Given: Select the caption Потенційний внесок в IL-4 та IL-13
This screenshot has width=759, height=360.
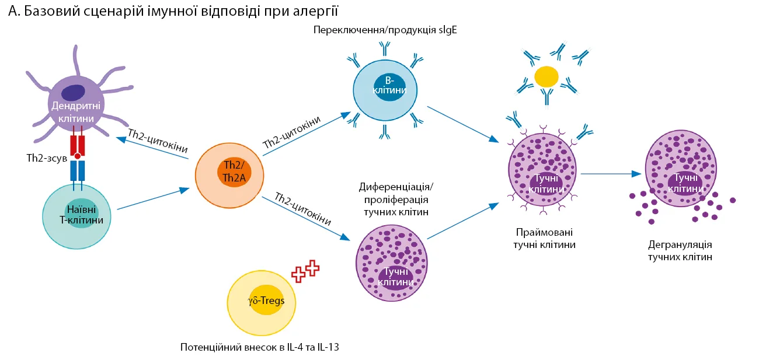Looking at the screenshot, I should [x=260, y=347].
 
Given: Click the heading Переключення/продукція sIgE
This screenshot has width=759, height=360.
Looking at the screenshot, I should [x=385, y=30].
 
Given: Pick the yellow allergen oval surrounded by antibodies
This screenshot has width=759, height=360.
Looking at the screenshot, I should [x=547, y=76].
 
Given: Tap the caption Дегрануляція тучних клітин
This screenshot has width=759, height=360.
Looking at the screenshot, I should [x=680, y=250].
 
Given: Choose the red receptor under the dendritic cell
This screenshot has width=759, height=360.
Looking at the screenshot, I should [x=77, y=146].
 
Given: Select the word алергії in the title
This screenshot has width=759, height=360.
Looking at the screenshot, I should [x=316, y=11].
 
